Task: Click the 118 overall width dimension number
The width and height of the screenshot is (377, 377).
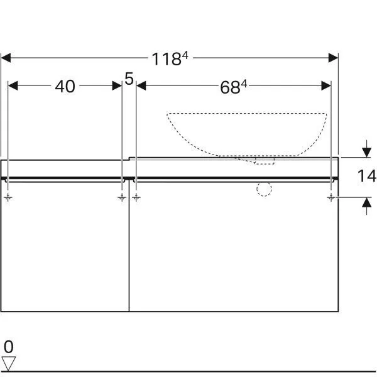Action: coord(167,59)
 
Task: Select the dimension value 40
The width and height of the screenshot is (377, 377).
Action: coord(65,87)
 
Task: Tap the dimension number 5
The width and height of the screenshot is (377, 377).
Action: coord(129,79)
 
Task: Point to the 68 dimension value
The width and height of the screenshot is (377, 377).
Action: coord(230,87)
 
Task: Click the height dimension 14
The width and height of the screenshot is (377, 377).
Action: coord(367,176)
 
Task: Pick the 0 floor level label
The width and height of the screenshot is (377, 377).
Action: coord(9,347)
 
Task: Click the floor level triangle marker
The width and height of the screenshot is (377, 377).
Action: coord(8,363)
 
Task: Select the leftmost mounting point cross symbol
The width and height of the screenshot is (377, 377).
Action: coord(8,198)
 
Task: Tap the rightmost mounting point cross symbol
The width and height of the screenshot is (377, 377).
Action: coord(331,198)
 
